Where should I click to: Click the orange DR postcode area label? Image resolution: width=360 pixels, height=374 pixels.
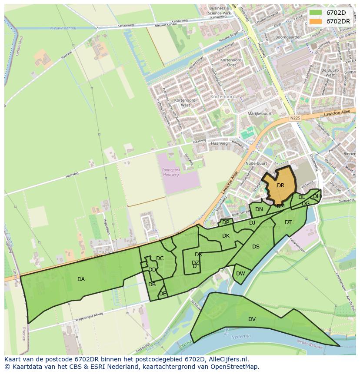coord(280,185)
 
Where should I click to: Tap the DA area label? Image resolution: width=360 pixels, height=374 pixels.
coord(81,279)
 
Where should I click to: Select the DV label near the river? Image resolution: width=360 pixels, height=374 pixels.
coord(252,319)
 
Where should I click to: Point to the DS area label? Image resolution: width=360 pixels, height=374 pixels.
coord(256,247)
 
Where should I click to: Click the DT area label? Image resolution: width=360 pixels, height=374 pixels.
coord(288,222)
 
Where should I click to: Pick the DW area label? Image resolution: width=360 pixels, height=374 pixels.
coord(240,274)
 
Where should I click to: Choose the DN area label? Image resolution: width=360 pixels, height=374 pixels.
coord(259,209)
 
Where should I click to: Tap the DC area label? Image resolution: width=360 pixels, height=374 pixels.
coord(160,258)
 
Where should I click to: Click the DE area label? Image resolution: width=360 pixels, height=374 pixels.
coord(163,294)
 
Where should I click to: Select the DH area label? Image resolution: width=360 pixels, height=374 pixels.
coord(317,196)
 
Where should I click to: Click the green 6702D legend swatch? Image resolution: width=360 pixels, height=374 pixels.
coord(316,13)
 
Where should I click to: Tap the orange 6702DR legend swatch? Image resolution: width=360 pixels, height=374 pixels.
coord(316,21)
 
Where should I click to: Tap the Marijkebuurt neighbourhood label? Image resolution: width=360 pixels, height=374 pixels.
coord(259,113)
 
